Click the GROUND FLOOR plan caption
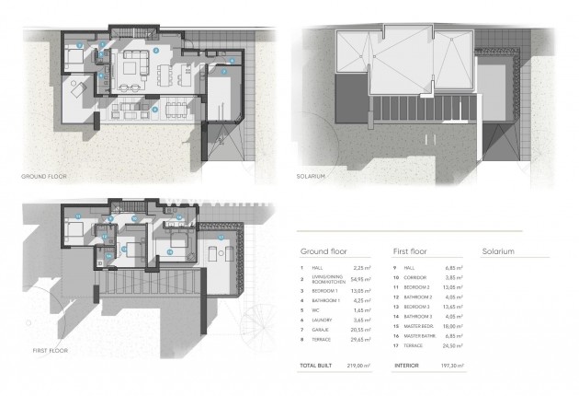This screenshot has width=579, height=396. (x=42, y=175)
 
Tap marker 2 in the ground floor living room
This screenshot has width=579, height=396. (x=156, y=49)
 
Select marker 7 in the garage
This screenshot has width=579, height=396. (x=223, y=70)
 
